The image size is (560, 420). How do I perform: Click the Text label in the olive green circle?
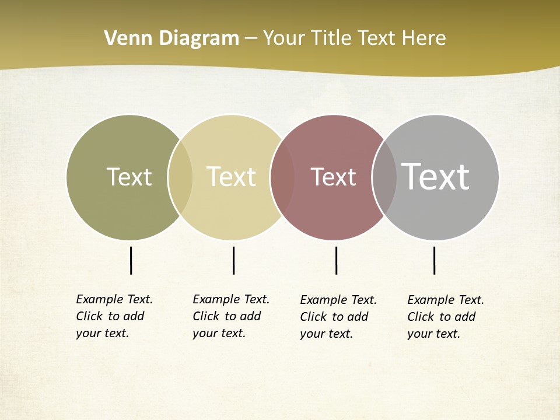click(x=129, y=177)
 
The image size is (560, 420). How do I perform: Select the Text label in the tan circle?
click(x=231, y=177)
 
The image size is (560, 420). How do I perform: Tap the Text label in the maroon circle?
click(x=333, y=177)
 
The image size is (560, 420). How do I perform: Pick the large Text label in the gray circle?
click(x=436, y=176)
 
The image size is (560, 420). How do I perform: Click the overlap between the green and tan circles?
click(x=180, y=177)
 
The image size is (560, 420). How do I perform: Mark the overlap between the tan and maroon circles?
click(x=282, y=177)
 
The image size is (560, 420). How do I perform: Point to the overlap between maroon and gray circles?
click(x=384, y=177)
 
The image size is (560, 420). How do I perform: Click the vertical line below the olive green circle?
click(x=131, y=260)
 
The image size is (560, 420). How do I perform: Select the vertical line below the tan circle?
click(x=233, y=260)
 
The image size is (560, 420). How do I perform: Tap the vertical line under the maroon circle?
click(x=336, y=260)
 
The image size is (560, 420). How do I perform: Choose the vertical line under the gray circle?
click(x=434, y=260)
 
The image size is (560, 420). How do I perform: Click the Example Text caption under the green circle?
click(x=114, y=316)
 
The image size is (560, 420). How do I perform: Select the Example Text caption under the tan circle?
click(x=231, y=316)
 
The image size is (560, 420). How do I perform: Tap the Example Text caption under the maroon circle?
click(x=338, y=317)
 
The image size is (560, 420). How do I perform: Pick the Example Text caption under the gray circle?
click(x=446, y=317)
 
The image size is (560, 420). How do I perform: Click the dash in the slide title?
click(x=251, y=39)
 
